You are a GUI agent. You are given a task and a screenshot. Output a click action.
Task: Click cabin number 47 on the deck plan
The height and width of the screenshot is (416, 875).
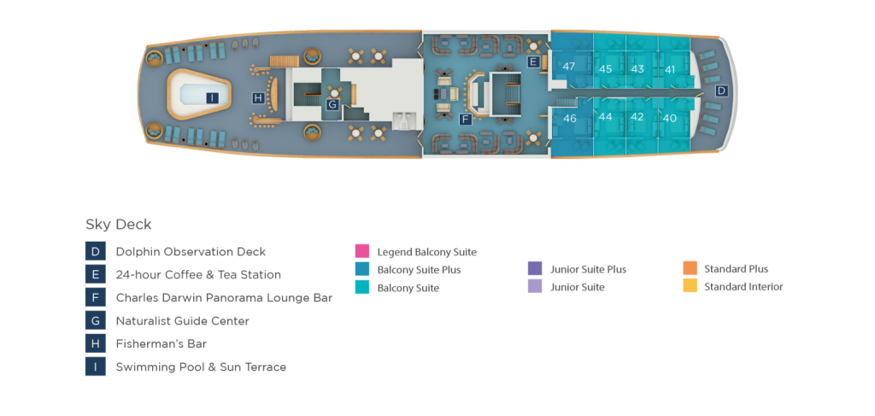point(569,67)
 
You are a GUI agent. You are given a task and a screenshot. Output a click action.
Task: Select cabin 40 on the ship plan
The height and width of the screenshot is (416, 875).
point(670,119)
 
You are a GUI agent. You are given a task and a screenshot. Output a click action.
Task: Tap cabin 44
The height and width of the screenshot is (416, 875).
point(606,117)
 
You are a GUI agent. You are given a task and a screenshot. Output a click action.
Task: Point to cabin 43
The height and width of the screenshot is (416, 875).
point(637,68)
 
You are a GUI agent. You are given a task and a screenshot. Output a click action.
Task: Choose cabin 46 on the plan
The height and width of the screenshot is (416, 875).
point(570,119)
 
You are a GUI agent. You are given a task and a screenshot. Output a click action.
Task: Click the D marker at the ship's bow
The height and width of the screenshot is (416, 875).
point(721,91)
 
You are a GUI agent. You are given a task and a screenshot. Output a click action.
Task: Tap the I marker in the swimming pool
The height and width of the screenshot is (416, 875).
point(212,97)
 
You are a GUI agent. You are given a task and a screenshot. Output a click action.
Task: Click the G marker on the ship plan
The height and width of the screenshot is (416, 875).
point(332,104)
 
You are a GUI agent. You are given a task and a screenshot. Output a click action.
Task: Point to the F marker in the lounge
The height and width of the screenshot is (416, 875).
point(465,119)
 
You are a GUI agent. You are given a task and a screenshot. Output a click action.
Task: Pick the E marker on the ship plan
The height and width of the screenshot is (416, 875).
point(533,62)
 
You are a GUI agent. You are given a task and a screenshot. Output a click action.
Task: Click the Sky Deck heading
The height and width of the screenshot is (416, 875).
point(118,225)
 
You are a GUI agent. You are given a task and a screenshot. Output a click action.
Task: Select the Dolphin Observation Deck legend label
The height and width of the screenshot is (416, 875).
point(191,252)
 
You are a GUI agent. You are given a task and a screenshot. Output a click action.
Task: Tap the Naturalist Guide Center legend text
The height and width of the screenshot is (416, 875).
point(182,321)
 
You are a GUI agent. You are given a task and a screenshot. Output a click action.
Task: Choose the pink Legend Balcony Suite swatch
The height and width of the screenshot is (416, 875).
point(362,252)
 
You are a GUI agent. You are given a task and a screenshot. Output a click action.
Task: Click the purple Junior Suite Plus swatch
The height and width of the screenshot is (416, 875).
point(535,269)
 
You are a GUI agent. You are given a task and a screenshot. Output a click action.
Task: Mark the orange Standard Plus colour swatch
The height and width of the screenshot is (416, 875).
point(690,269)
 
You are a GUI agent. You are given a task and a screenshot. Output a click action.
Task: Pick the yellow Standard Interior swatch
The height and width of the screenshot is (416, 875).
point(690,287)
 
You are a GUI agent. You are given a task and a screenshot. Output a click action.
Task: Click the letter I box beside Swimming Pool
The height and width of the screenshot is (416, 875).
point(96,367)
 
